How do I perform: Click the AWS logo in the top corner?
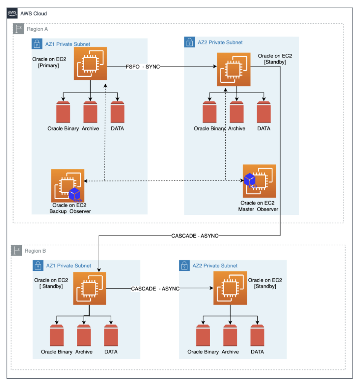pyautogui.click(x=12, y=13)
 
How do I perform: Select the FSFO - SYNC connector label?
pyautogui.click(x=143, y=67)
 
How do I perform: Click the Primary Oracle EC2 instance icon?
pyautogui.click(x=90, y=64)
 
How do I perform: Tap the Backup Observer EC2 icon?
pyautogui.click(x=68, y=186)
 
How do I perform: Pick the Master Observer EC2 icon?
pyautogui.click(x=259, y=181)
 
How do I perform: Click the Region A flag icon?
pyautogui.click(x=18, y=29)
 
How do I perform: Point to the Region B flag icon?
pyautogui.click(x=16, y=250)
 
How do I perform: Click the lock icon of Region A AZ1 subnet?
pyautogui.click(x=36, y=44)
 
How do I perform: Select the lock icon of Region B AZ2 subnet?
pyautogui.click(x=184, y=265)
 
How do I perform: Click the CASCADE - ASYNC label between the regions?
pyautogui.click(x=195, y=236)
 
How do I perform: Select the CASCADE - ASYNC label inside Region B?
pyautogui.click(x=155, y=289)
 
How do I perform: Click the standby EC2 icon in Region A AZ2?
pyautogui.click(x=234, y=70)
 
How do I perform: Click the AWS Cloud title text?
pyautogui.click(x=34, y=14)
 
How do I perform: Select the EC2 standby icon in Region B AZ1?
pyautogui.click(x=90, y=288)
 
